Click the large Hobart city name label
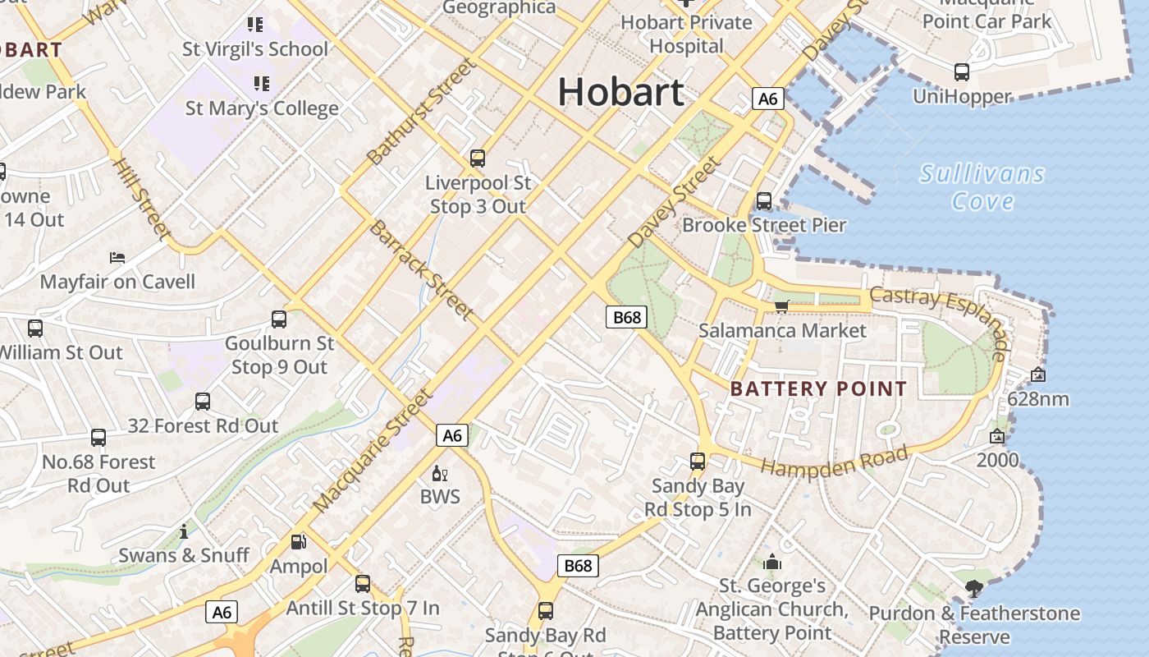pyautogui.click(x=620, y=91)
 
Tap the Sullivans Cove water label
pyautogui.click(x=982, y=187)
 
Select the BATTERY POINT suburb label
pyautogui.click(x=818, y=388)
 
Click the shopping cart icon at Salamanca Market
pyautogui.click(x=781, y=306)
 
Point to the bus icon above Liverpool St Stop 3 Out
pyautogui.click(x=477, y=159)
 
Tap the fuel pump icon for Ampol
pyautogui.click(x=299, y=542)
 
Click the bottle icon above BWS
pyautogui.click(x=439, y=474)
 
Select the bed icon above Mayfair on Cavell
pyautogui.click(x=117, y=258)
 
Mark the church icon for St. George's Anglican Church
pyautogui.click(x=771, y=563)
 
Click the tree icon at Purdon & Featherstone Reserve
pyautogui.click(x=974, y=588)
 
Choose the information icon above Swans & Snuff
pyautogui.click(x=184, y=531)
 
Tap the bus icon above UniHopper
pyautogui.click(x=961, y=72)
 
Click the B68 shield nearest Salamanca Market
pyautogui.click(x=626, y=317)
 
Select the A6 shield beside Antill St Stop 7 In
pyautogui.click(x=222, y=612)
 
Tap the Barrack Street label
pyautogui.click(x=421, y=269)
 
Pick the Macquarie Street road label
pyautogui.click(x=373, y=449)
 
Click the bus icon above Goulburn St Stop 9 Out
pyautogui.click(x=279, y=319)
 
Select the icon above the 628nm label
pyautogui.click(x=1037, y=374)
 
